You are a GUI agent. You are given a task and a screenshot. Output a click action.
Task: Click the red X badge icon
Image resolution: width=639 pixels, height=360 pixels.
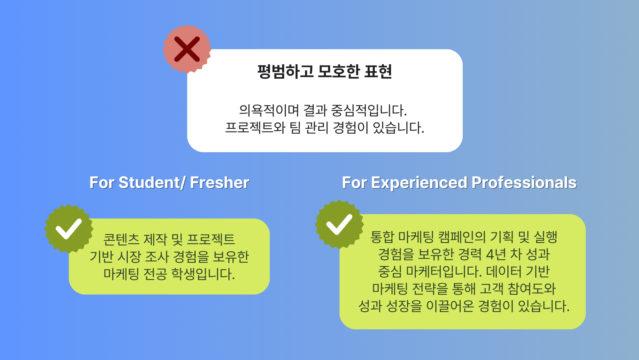[x=187, y=49]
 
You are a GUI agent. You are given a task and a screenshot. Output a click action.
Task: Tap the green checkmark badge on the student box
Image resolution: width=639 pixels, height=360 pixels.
[x=69, y=229]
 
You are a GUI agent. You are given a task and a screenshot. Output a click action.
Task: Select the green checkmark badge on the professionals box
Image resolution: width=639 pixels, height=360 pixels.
[x=339, y=224]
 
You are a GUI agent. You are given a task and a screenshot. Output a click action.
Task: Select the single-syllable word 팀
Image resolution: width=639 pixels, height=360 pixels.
[x=295, y=128]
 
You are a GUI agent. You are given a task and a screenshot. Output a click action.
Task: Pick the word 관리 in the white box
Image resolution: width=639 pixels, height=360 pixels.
[x=317, y=128]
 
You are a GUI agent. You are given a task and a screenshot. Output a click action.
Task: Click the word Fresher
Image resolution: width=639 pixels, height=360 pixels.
[x=219, y=183]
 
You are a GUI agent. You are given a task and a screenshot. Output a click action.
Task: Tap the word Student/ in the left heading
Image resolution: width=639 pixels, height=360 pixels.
[x=152, y=183]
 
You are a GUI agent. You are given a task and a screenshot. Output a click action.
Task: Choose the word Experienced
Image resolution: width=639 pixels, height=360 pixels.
[x=419, y=183]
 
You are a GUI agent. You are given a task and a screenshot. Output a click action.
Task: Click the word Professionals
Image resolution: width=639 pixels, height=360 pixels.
[x=524, y=183]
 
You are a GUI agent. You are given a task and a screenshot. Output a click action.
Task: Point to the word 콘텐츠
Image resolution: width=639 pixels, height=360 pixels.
[x=121, y=239]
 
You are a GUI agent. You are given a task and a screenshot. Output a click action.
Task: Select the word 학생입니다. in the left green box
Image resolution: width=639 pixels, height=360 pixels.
[x=203, y=274]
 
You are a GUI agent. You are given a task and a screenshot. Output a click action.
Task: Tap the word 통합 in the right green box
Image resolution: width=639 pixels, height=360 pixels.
[x=382, y=237]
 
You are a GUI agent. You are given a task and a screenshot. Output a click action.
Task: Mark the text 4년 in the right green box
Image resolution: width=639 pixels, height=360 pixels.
[x=496, y=254]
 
